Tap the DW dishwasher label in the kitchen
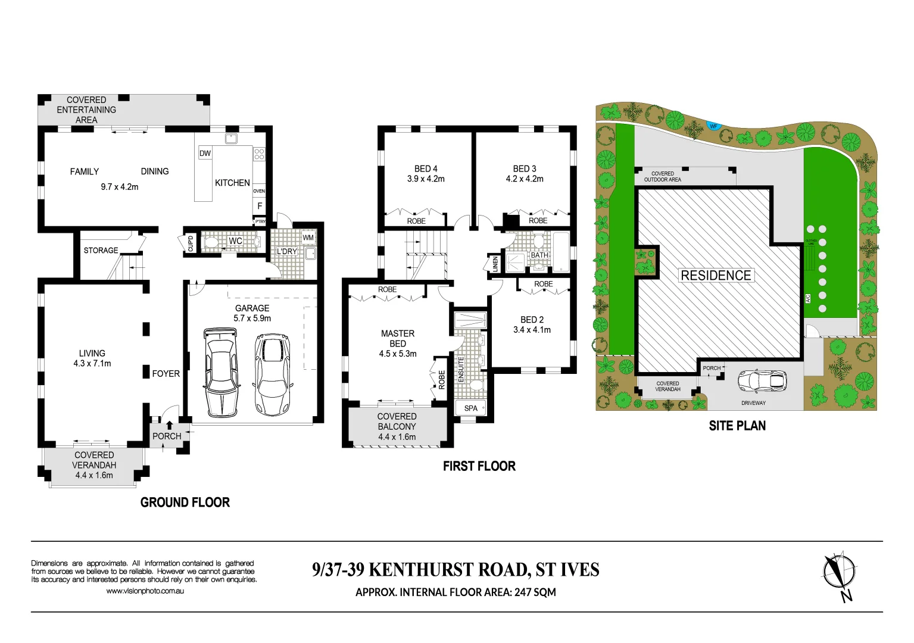[x=205, y=153]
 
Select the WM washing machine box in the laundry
[x=308, y=238]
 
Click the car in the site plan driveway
[x=762, y=381]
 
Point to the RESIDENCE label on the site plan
[x=716, y=275]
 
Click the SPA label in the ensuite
[x=470, y=408]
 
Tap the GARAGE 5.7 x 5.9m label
[x=252, y=313]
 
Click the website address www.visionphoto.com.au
[x=145, y=591]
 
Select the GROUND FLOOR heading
[x=185, y=502]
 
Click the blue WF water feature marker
[x=713, y=126]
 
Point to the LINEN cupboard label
[x=495, y=264]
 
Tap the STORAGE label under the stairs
[x=101, y=250]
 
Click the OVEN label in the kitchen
[x=259, y=191]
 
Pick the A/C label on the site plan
[x=808, y=298]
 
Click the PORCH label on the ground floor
[x=167, y=436]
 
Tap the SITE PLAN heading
[x=737, y=426]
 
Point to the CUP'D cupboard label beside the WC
[x=191, y=244]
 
